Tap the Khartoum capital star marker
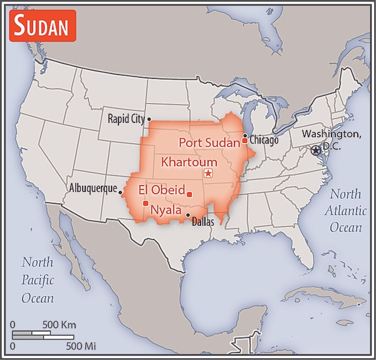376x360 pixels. coord(208,173)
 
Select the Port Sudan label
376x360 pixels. coord(209,142)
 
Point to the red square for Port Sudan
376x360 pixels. coord(245,141)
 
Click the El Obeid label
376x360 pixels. coord(161,189)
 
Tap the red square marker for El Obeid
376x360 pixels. coord(189,193)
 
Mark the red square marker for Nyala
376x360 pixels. coord(145,203)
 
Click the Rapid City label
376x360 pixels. coord(126,119)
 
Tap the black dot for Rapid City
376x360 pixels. coord(149,119)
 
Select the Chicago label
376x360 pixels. coord(264,140)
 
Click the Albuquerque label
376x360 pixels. coord(92,188)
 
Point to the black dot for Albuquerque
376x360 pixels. coord(120,193)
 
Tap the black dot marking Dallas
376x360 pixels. coord(188,215)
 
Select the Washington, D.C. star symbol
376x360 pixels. coord(316,150)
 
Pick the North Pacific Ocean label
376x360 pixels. coord(38,280)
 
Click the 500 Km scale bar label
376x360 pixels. coord(59,325)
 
